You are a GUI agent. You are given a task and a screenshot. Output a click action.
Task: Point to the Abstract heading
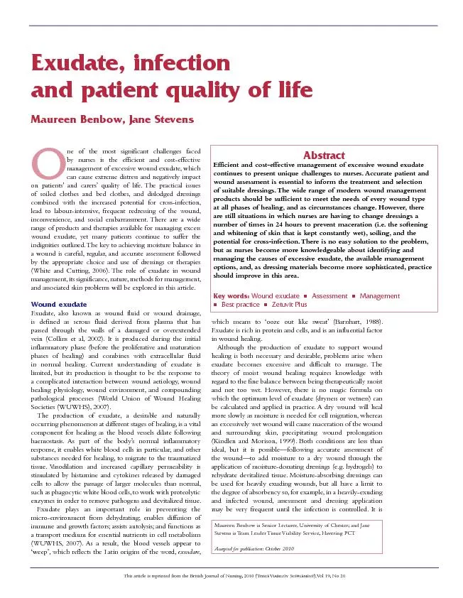(324, 155)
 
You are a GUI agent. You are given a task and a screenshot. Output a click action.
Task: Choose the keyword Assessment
(329, 295)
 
